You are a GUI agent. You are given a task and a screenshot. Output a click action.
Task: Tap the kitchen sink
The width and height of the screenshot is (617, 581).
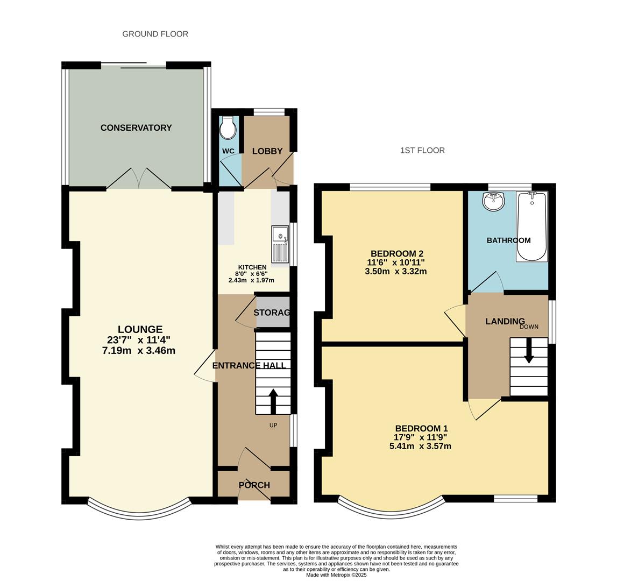[280, 244]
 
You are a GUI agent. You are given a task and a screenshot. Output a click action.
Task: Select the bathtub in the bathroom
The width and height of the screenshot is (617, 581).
[531, 226]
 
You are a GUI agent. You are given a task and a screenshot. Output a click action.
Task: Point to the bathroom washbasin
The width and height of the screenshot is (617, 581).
[493, 201]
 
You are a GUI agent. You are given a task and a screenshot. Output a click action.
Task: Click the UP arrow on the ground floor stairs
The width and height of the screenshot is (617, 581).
[273, 401]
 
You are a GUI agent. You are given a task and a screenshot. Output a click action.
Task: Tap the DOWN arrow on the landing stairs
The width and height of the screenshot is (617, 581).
[528, 351]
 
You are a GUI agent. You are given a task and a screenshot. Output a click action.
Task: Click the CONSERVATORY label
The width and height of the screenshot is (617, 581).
[136, 127]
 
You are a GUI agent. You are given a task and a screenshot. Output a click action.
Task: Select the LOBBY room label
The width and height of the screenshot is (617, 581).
[267, 151]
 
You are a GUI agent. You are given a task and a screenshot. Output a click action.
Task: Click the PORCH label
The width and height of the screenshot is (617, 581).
[254, 485]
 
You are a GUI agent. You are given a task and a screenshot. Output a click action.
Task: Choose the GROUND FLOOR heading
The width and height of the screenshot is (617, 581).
[155, 34]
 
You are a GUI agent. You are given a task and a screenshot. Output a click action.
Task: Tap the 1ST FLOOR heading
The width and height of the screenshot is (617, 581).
[422, 150]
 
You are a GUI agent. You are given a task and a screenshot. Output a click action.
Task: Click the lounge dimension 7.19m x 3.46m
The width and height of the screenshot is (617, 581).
[139, 350]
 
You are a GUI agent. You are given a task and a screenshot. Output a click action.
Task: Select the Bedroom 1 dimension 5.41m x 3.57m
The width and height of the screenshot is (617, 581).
[420, 446]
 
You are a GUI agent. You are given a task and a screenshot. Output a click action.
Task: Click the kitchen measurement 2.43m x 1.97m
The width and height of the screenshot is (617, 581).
[251, 280]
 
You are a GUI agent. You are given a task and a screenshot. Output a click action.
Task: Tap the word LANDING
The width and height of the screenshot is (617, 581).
[505, 321]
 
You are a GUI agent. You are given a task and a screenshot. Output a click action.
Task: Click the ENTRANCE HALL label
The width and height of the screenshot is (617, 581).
[249, 365]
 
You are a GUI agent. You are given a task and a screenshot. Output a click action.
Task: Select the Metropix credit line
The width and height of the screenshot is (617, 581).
[336, 575]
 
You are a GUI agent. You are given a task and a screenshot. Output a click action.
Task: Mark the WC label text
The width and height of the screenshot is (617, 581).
[228, 151]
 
